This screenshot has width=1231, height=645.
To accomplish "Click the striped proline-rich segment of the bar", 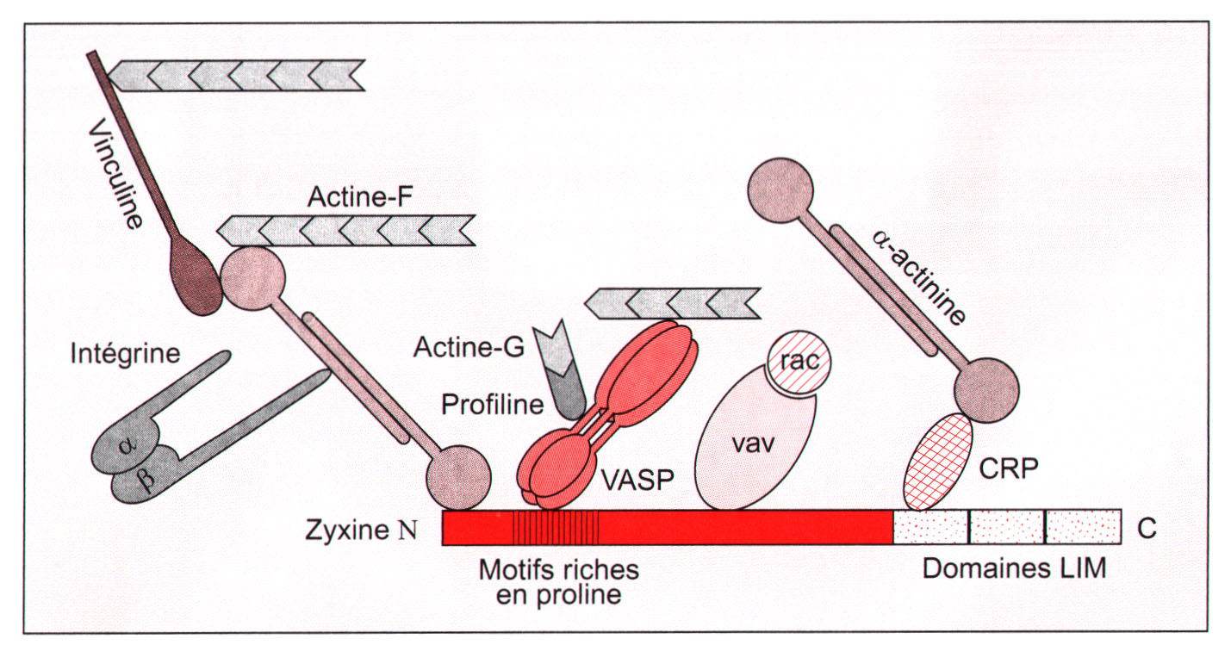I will pos(556,527).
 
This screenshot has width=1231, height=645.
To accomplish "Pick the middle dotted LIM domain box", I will pos(1007,527).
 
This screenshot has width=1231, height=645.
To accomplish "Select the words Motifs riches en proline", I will pos(558,582).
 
